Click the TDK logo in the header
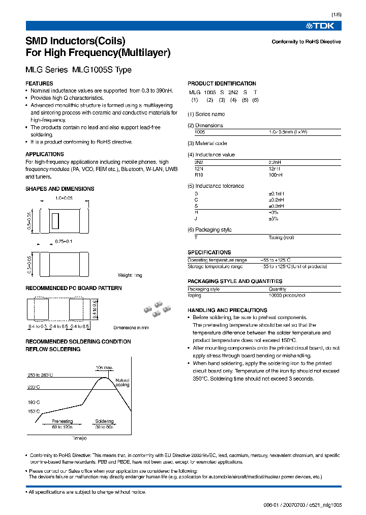[323, 25]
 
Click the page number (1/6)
[335, 15]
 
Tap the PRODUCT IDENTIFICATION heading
[222, 83]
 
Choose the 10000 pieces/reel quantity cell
[287, 295]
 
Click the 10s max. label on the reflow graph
[104, 367]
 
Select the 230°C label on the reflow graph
[34, 387]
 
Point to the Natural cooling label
[123, 382]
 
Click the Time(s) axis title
[79, 438]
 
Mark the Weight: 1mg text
[130, 275]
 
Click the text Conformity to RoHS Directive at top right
[306, 42]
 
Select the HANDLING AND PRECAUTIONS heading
[227, 310]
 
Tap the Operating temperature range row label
[217, 260]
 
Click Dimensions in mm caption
[131, 328]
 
